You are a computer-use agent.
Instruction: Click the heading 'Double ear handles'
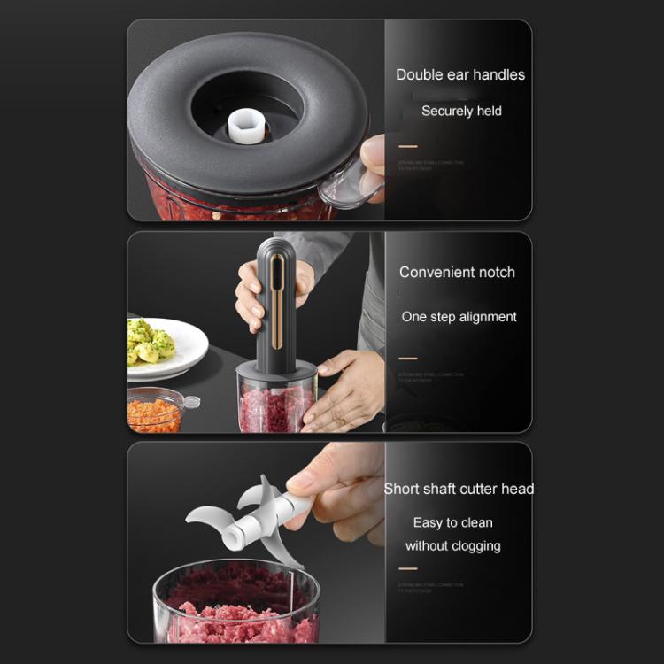(460, 75)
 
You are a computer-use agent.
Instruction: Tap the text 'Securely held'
(461, 111)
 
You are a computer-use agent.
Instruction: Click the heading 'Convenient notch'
(457, 273)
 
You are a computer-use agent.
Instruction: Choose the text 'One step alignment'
(459, 317)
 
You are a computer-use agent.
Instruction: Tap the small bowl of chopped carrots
(156, 412)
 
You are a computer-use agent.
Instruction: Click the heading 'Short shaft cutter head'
(459, 489)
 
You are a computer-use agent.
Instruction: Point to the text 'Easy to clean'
(452, 523)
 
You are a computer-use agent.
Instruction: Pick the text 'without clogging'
(452, 546)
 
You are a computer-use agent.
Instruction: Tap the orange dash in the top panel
(407, 146)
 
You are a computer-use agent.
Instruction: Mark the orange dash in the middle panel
(407, 359)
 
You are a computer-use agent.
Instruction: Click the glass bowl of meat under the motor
(275, 403)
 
